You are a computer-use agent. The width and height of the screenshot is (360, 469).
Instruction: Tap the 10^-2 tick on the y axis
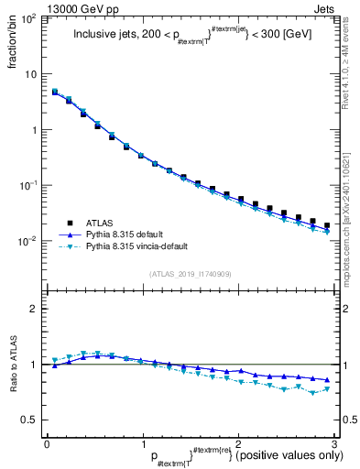coord(29,241)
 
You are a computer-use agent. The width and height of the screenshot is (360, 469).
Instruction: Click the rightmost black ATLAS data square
coord(327,225)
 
